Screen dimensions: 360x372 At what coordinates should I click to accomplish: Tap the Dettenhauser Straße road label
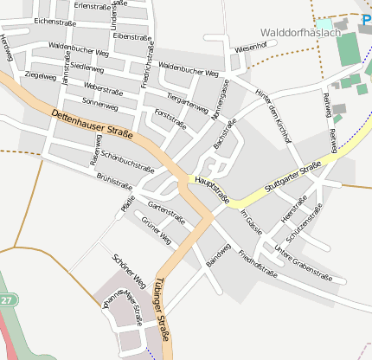pyautogui.click(x=91, y=122)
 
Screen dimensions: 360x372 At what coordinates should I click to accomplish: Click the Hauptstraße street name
pyautogui.click(x=212, y=190)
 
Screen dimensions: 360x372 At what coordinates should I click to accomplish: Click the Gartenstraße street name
pyautogui.click(x=167, y=210)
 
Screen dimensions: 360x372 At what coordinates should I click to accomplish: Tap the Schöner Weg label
pyautogui.click(x=129, y=271)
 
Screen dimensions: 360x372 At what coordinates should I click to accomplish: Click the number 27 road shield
pyautogui.click(x=6, y=299)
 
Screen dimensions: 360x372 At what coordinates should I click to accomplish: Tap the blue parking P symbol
pyautogui.click(x=367, y=18)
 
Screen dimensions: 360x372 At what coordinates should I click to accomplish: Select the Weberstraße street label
pyautogui.click(x=101, y=88)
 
